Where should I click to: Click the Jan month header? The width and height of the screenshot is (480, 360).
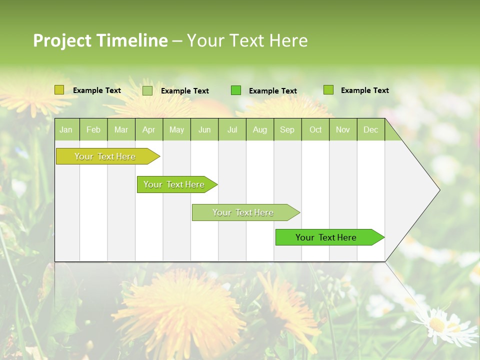(66, 129)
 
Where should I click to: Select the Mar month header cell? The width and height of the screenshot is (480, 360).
(121, 129)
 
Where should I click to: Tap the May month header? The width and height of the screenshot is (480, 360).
(176, 129)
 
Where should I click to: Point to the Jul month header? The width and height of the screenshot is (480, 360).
(232, 129)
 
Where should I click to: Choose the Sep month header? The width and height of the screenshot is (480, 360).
(287, 129)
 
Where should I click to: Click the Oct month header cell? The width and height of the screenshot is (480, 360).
(315, 129)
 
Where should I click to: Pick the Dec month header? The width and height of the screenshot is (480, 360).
(370, 129)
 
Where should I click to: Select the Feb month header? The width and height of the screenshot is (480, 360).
(93, 129)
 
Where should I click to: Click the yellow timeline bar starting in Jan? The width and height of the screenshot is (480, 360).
(105, 156)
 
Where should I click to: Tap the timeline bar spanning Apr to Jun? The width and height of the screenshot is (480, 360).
(174, 184)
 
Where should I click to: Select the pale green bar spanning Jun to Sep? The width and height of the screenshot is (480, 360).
(243, 212)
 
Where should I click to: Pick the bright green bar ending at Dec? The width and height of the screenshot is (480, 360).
(326, 237)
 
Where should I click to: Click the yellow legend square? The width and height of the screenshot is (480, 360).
(59, 90)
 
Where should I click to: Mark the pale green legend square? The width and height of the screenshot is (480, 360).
(147, 90)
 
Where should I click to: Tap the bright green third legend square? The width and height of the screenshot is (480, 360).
(236, 90)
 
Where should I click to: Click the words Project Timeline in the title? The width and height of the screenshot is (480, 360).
(100, 40)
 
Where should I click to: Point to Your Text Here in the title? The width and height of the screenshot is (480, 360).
(247, 40)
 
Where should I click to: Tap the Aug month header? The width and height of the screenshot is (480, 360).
(259, 129)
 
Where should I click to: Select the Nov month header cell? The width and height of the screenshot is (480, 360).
(343, 129)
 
